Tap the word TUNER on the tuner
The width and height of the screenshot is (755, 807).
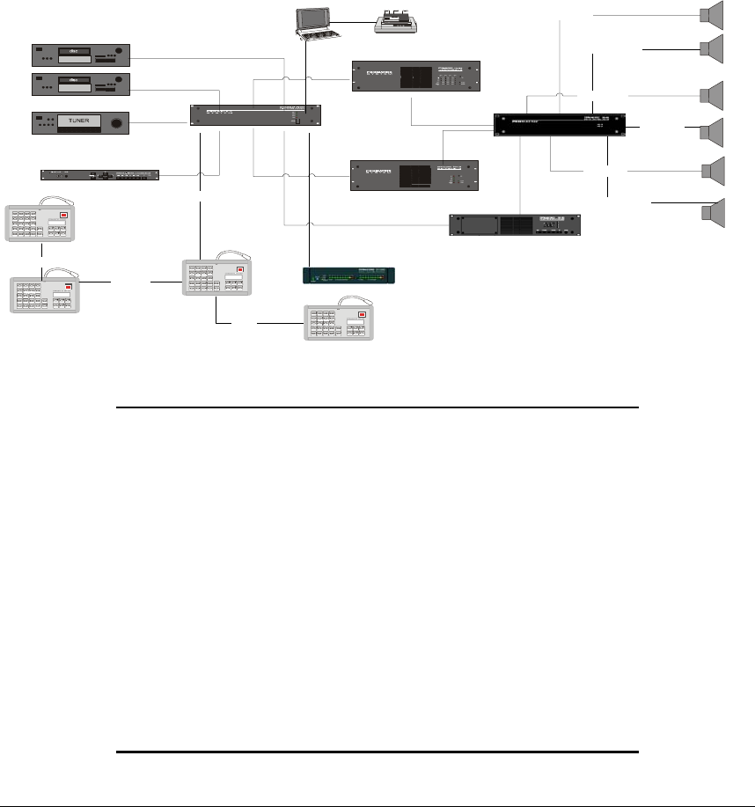tap(80, 119)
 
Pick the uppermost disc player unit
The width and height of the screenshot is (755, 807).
tap(81, 55)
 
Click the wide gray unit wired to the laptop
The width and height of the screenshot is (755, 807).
tap(254, 114)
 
